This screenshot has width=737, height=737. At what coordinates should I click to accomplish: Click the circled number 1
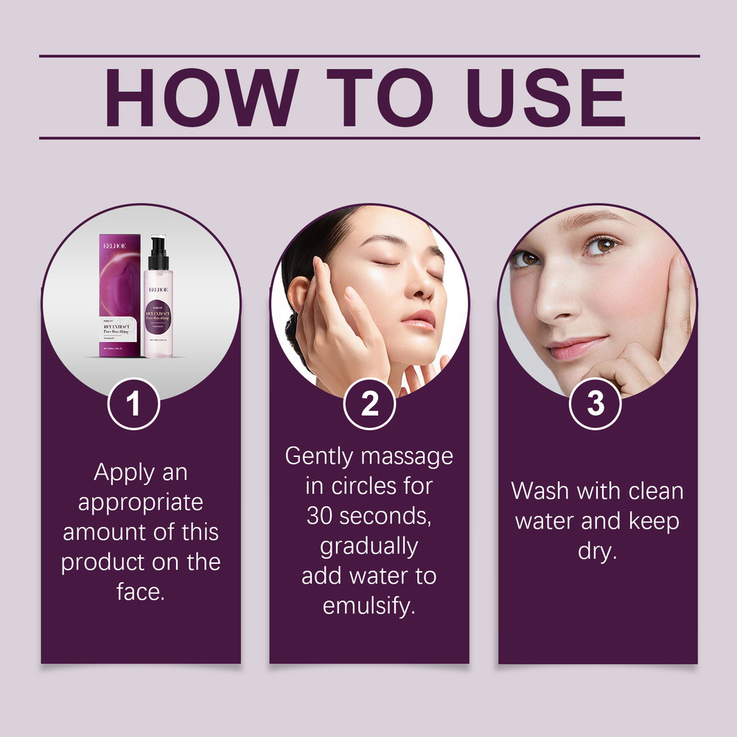click(133, 404)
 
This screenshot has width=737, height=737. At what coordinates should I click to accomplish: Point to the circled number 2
click(369, 404)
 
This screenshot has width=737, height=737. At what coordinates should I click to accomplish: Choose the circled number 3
click(595, 404)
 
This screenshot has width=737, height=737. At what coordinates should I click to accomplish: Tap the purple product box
click(122, 295)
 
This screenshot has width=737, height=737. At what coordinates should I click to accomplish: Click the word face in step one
click(140, 592)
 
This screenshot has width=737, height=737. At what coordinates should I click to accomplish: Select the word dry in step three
click(597, 551)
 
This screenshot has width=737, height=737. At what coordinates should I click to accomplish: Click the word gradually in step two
click(368, 546)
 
